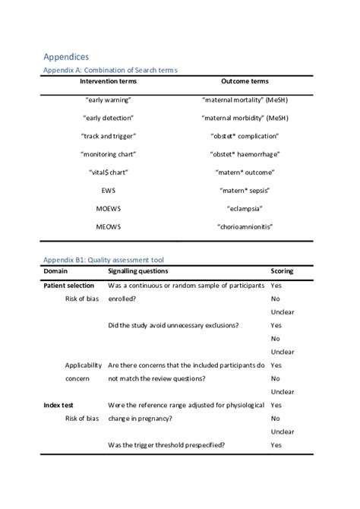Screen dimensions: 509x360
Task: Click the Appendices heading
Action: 66,56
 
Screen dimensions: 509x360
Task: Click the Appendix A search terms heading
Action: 110,70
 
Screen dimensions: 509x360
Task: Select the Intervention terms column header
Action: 107,81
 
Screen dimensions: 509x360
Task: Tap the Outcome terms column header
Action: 245,81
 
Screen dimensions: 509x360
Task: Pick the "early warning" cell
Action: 108,100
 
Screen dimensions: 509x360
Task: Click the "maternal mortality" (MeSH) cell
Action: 245,100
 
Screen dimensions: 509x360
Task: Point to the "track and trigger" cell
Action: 108,136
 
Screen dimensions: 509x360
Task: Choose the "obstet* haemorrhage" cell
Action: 245,154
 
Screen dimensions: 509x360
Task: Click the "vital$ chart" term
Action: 108,172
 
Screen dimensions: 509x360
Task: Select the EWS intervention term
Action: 108,191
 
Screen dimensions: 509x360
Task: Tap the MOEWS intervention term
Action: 108,208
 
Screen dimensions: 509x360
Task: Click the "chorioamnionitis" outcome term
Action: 245,226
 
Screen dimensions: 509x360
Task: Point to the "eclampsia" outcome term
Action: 245,208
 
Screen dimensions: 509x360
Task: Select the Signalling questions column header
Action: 138,271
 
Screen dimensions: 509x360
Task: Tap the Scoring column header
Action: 282,271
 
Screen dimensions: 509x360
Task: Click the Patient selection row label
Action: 69,286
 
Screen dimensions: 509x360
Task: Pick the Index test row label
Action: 58,406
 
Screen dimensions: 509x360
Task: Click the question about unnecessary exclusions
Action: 174,325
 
